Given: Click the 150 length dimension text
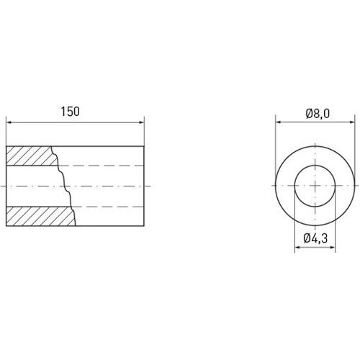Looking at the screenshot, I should click(70, 112).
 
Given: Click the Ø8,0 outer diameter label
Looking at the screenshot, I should click(317, 113).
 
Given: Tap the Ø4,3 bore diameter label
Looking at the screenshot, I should click(316, 238).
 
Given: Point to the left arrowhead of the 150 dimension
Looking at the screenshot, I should click(9, 122).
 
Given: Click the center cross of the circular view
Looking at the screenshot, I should click(317, 186).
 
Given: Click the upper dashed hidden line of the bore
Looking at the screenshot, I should click(108, 166).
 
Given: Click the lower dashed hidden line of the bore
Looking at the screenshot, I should click(108, 207).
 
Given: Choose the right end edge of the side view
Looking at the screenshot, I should click(144, 186).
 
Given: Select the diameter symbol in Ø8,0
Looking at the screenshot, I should click(308, 113).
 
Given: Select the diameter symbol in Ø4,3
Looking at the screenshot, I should click(307, 238).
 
